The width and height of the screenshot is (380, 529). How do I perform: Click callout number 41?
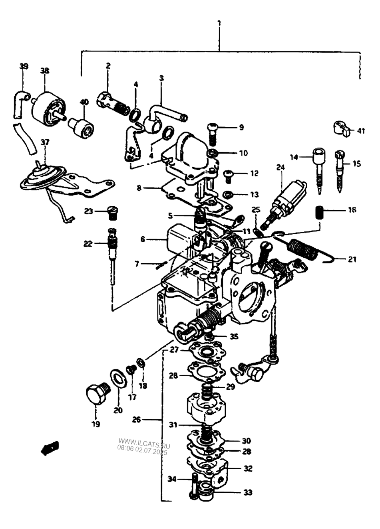(361, 130)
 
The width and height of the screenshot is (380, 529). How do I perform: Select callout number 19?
(96, 424)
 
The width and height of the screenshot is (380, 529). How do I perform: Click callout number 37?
(45, 142)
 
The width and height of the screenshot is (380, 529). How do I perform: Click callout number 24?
(281, 167)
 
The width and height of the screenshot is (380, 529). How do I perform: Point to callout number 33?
(248, 493)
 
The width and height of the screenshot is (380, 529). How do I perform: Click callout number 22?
(88, 243)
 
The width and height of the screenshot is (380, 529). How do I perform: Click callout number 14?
(294, 157)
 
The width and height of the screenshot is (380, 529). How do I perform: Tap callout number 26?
(137, 420)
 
